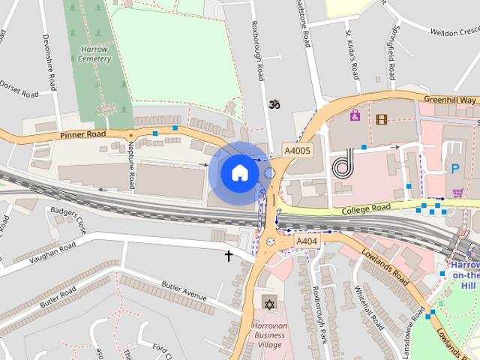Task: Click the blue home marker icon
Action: [x=239, y=172]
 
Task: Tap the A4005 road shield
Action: [x=297, y=151]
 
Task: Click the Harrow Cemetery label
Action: [x=94, y=54]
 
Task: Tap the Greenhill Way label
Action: [x=450, y=100]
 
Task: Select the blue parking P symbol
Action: [x=454, y=169]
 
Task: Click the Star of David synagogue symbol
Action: [x=269, y=304]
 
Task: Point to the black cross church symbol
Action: [x=229, y=256]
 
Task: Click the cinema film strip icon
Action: [x=382, y=118]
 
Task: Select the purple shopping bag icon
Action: [x=355, y=115]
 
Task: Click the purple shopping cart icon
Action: [x=457, y=193]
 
